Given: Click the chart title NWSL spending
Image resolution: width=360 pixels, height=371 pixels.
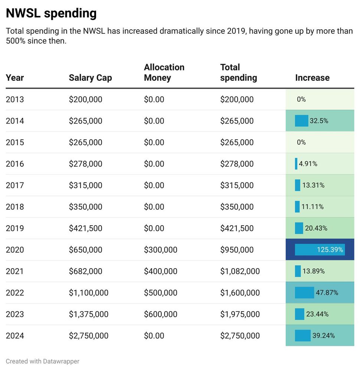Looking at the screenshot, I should (51, 13).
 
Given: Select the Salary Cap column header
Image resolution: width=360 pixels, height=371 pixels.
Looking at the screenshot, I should (90, 78).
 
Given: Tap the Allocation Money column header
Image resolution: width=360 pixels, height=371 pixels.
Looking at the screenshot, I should (164, 72).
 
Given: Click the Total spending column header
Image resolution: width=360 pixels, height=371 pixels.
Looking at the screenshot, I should (238, 72).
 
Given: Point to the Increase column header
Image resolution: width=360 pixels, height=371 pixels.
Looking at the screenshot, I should (312, 78).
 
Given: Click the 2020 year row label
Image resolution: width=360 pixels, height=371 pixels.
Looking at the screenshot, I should (15, 250).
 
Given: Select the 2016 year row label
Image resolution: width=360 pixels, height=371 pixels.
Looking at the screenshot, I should (15, 164).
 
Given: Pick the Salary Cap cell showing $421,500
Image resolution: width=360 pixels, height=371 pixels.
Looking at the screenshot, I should (85, 228).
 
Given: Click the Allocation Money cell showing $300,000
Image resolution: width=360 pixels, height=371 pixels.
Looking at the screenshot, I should (160, 250).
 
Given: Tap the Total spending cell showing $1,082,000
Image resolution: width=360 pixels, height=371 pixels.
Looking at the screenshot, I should (240, 271).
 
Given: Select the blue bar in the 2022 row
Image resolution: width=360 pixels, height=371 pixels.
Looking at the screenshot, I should (304, 293).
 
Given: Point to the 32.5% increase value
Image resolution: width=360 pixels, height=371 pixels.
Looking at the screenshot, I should (319, 121).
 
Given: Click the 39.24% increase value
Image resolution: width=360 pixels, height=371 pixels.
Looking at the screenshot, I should (323, 336).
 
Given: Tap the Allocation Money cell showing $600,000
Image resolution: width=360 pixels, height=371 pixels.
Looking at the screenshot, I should (160, 314).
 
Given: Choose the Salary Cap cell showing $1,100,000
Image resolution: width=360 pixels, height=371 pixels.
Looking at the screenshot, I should (88, 293).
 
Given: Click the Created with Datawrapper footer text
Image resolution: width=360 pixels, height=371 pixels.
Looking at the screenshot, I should (42, 361).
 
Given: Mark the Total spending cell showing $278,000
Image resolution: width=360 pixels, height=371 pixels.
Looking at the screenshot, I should (237, 164).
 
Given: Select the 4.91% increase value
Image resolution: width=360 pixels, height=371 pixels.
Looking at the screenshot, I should (308, 164).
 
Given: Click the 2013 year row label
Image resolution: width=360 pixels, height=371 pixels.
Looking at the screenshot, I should (15, 99).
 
